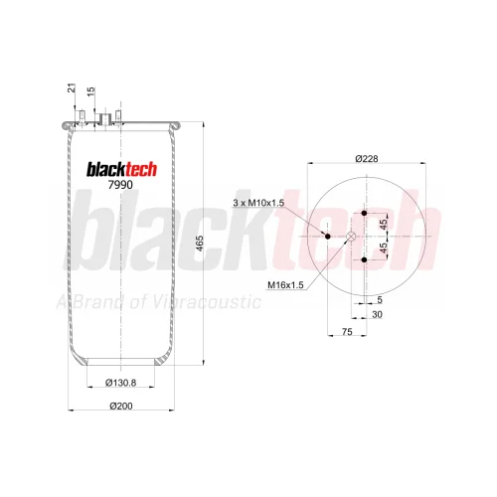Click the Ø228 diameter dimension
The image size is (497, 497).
[367, 159]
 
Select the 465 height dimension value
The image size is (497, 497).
[200, 244]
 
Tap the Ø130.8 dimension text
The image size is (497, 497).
[120, 383]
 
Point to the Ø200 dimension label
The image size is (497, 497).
[121, 406]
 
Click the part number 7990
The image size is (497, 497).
[120, 185]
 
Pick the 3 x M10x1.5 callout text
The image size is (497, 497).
[258, 203]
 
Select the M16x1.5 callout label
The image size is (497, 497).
[285, 285]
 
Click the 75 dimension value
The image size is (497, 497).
[347, 332]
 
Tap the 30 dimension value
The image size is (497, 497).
[377, 314]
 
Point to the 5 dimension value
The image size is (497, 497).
[380, 300]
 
